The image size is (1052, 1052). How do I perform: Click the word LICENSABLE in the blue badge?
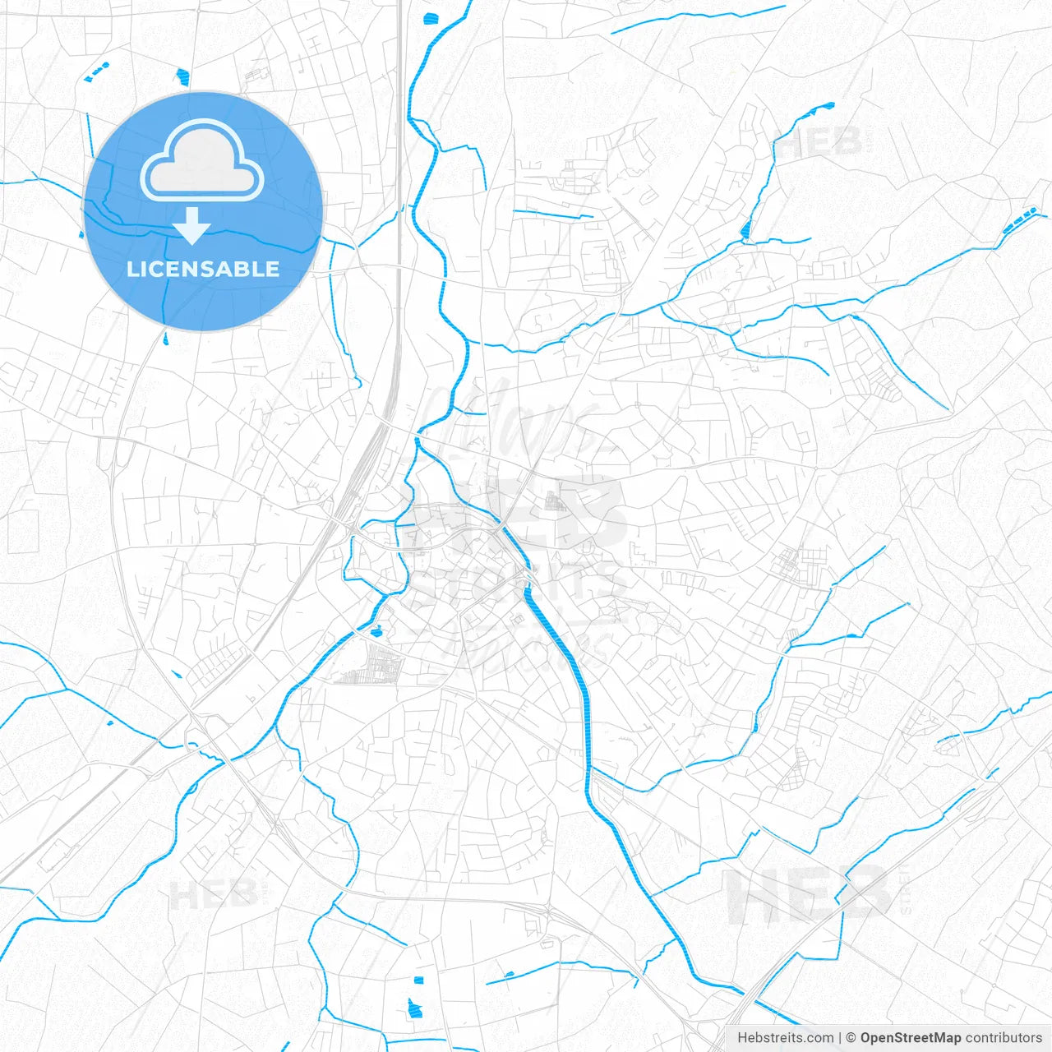(x=203, y=269)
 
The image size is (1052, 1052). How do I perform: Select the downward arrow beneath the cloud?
(x=192, y=226)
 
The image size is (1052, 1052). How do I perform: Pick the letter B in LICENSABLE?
(x=243, y=269)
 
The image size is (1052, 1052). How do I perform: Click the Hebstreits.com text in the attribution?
(x=785, y=1038)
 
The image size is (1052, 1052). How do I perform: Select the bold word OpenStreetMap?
(x=910, y=1038)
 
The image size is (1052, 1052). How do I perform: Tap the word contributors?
(x=1003, y=1038)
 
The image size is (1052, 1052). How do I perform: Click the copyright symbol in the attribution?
(x=851, y=1038)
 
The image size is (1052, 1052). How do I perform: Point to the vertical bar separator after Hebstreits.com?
(x=839, y=1038)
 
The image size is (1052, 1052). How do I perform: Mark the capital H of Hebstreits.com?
(x=742, y=1038)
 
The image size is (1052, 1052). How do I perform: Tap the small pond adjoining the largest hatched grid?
(x=376, y=631)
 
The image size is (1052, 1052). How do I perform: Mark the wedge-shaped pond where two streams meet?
(x=745, y=230)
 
